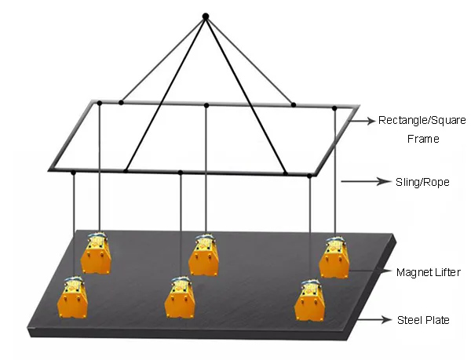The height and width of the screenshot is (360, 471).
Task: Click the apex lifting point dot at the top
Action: [x=206, y=16]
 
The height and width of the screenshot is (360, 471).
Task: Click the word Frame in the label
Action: [x=423, y=139]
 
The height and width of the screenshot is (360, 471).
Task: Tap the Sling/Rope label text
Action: [x=422, y=182]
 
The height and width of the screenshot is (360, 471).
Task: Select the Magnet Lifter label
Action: [x=429, y=272]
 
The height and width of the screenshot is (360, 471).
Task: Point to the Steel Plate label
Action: [x=423, y=320]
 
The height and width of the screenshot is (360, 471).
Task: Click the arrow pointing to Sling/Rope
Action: [x=366, y=181]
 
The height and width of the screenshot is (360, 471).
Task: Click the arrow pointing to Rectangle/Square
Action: [x=363, y=121]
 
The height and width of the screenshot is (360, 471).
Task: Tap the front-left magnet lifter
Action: [x=72, y=297]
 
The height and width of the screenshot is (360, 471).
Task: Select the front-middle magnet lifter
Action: [x=180, y=297]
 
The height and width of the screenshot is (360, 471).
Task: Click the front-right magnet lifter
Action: [x=310, y=300]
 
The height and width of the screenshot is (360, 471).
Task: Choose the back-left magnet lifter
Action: [x=96, y=253]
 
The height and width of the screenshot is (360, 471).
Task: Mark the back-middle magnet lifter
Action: [x=203, y=255]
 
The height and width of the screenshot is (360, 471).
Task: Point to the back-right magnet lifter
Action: [x=334, y=257]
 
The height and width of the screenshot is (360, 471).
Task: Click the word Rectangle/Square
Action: [x=422, y=120]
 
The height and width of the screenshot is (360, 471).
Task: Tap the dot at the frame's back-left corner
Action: [x=100, y=104]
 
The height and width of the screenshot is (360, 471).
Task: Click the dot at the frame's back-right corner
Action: [x=334, y=108]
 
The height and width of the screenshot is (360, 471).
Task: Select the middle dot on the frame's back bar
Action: [x=206, y=105]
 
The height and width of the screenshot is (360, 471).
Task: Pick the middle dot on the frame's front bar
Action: [x=181, y=173]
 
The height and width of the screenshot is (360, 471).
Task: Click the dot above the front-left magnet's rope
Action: [x=73, y=173]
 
